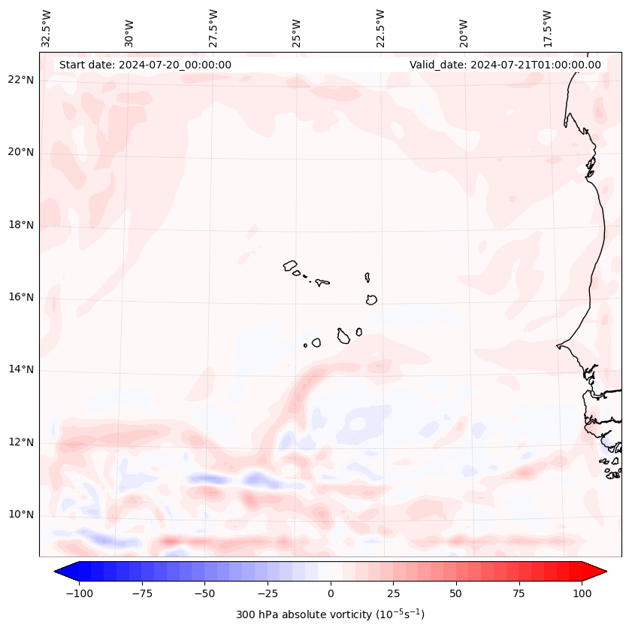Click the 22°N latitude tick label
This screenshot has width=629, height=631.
pos(21,80)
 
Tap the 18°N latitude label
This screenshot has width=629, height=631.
pos(21,225)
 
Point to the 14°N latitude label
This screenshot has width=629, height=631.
pos(21,369)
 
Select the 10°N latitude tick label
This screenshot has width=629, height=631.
pos(21,514)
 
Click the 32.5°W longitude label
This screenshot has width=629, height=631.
pos(47,28)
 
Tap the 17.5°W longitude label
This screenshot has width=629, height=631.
pos(547,28)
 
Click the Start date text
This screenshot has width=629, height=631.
pos(145,65)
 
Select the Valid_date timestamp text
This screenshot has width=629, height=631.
pos(505,65)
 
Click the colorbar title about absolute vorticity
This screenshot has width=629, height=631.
pos(330,614)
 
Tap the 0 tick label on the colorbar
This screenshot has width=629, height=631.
pos(331,593)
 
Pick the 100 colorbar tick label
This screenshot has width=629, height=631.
pos(582,593)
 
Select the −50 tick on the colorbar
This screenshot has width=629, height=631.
pos(204,593)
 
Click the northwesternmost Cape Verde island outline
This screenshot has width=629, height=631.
pos(290,265)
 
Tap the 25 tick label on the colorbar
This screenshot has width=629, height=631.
pos(393,593)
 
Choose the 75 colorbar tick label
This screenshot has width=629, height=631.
pos(519,593)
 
